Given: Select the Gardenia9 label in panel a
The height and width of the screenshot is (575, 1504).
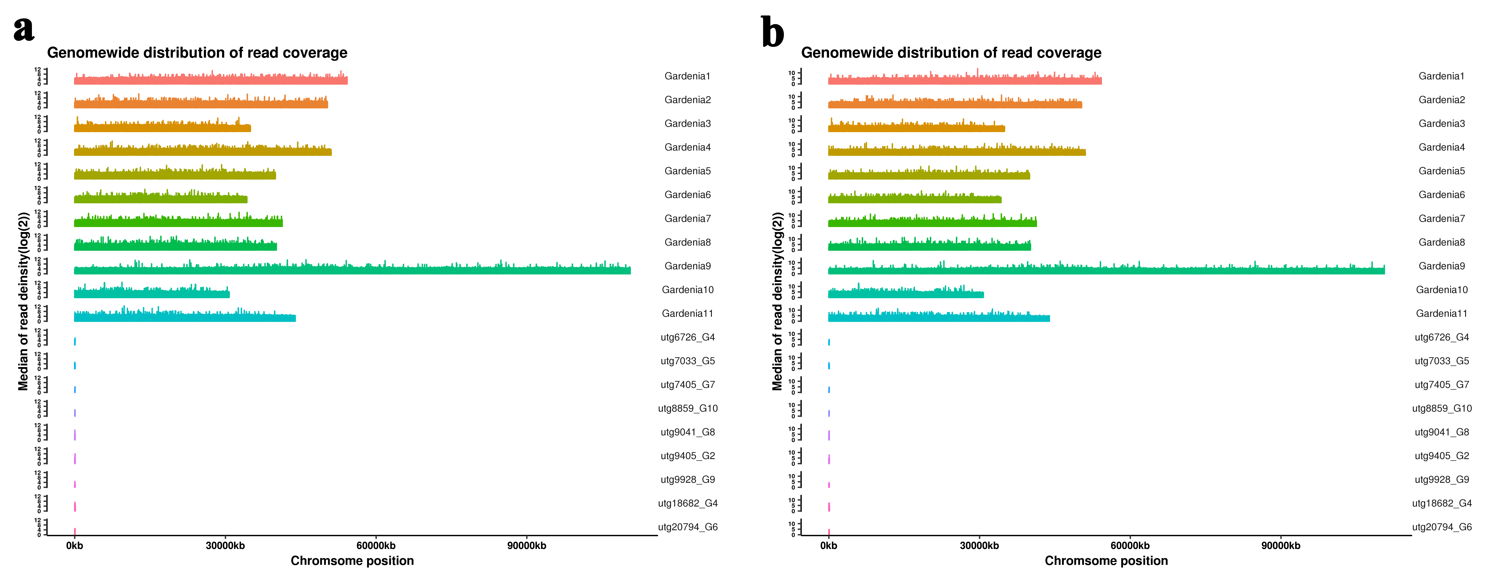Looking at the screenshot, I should (x=687, y=266).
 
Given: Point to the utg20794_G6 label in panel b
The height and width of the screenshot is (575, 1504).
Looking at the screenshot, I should (x=1442, y=527).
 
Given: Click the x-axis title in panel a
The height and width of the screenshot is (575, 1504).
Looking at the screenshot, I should (x=352, y=561).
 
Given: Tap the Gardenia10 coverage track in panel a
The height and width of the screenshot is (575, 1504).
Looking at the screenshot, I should (x=152, y=294).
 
